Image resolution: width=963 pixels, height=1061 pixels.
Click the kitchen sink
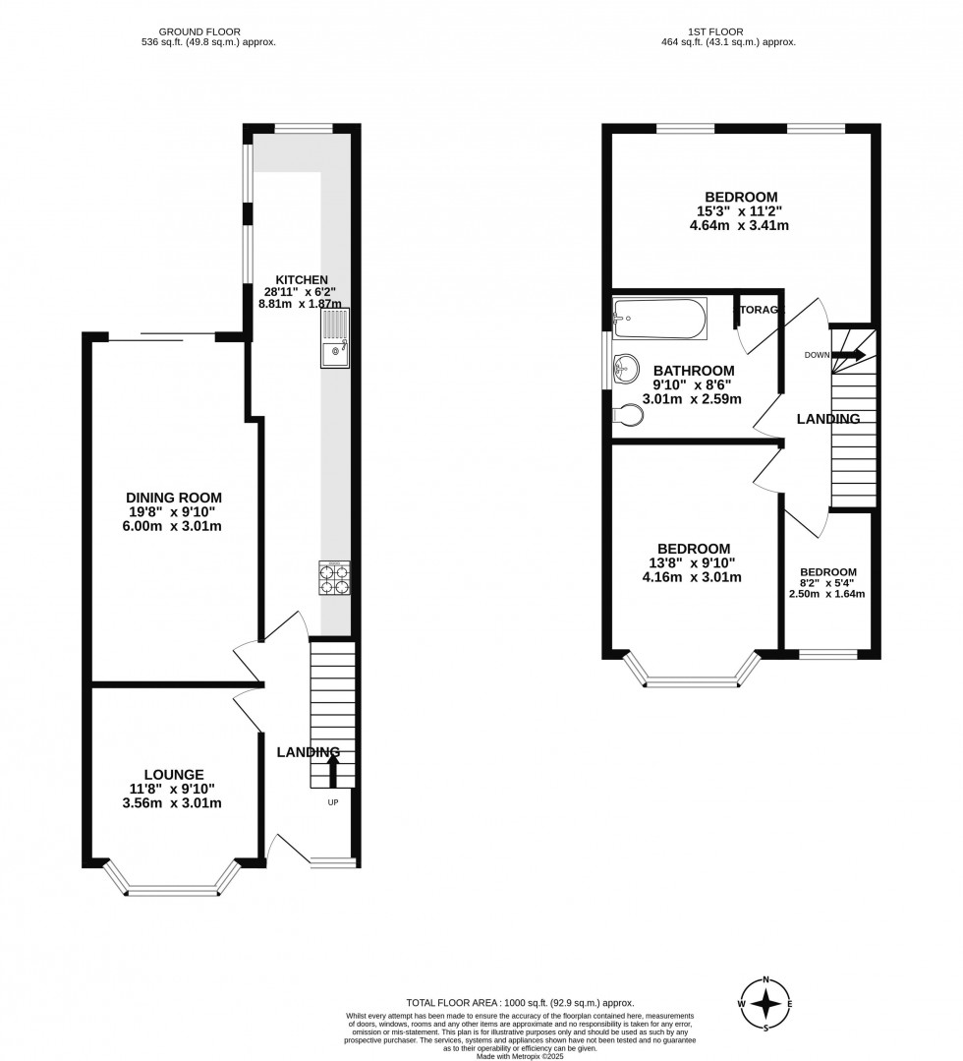point(334,337)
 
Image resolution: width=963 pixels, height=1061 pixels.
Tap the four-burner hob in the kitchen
point(334,578)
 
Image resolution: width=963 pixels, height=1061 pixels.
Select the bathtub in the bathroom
point(658,319)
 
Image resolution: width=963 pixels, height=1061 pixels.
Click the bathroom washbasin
point(622,369)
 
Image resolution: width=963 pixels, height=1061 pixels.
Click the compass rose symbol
point(767,1003)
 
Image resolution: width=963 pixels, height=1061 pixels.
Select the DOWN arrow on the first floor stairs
point(847,355)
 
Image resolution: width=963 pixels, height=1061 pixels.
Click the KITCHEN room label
point(302,280)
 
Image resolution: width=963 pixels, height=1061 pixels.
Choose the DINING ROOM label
point(174,498)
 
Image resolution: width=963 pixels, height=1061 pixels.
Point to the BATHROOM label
point(694,371)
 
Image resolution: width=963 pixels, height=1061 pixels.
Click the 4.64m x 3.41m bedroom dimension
point(740,225)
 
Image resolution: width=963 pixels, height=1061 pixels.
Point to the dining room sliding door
point(161,337)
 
